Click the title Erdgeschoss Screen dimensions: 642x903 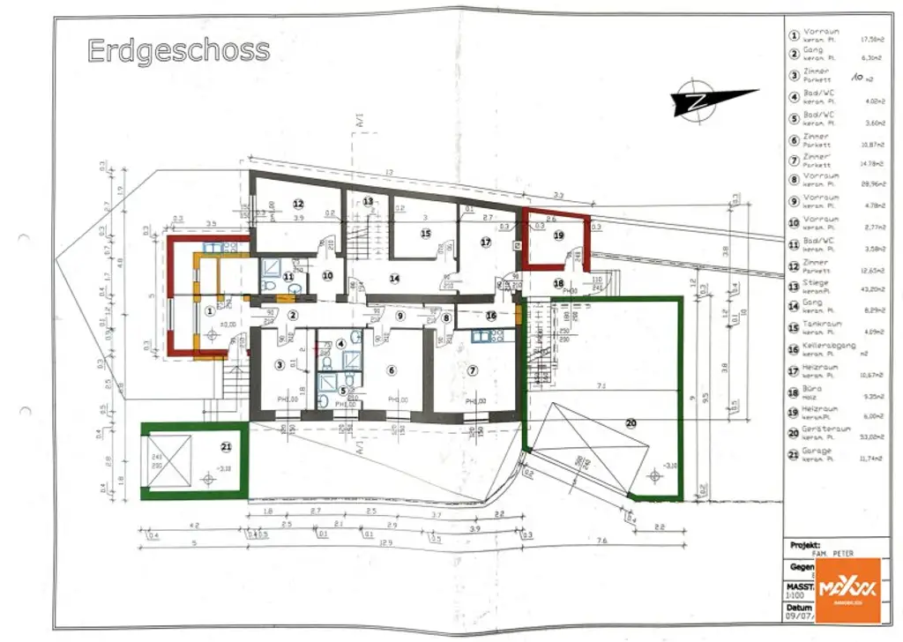178,50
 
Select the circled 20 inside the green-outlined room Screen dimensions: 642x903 631,422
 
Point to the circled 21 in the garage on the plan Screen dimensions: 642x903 227,448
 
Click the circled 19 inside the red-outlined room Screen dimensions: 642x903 558,235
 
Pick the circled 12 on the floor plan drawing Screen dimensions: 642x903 298,202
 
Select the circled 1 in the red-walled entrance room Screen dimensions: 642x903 210,310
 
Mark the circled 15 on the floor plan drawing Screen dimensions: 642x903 425,234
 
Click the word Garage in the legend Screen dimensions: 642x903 816,450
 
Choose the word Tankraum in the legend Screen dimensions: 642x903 820,325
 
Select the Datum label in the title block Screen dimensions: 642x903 800,608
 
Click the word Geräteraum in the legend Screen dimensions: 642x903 823,429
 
